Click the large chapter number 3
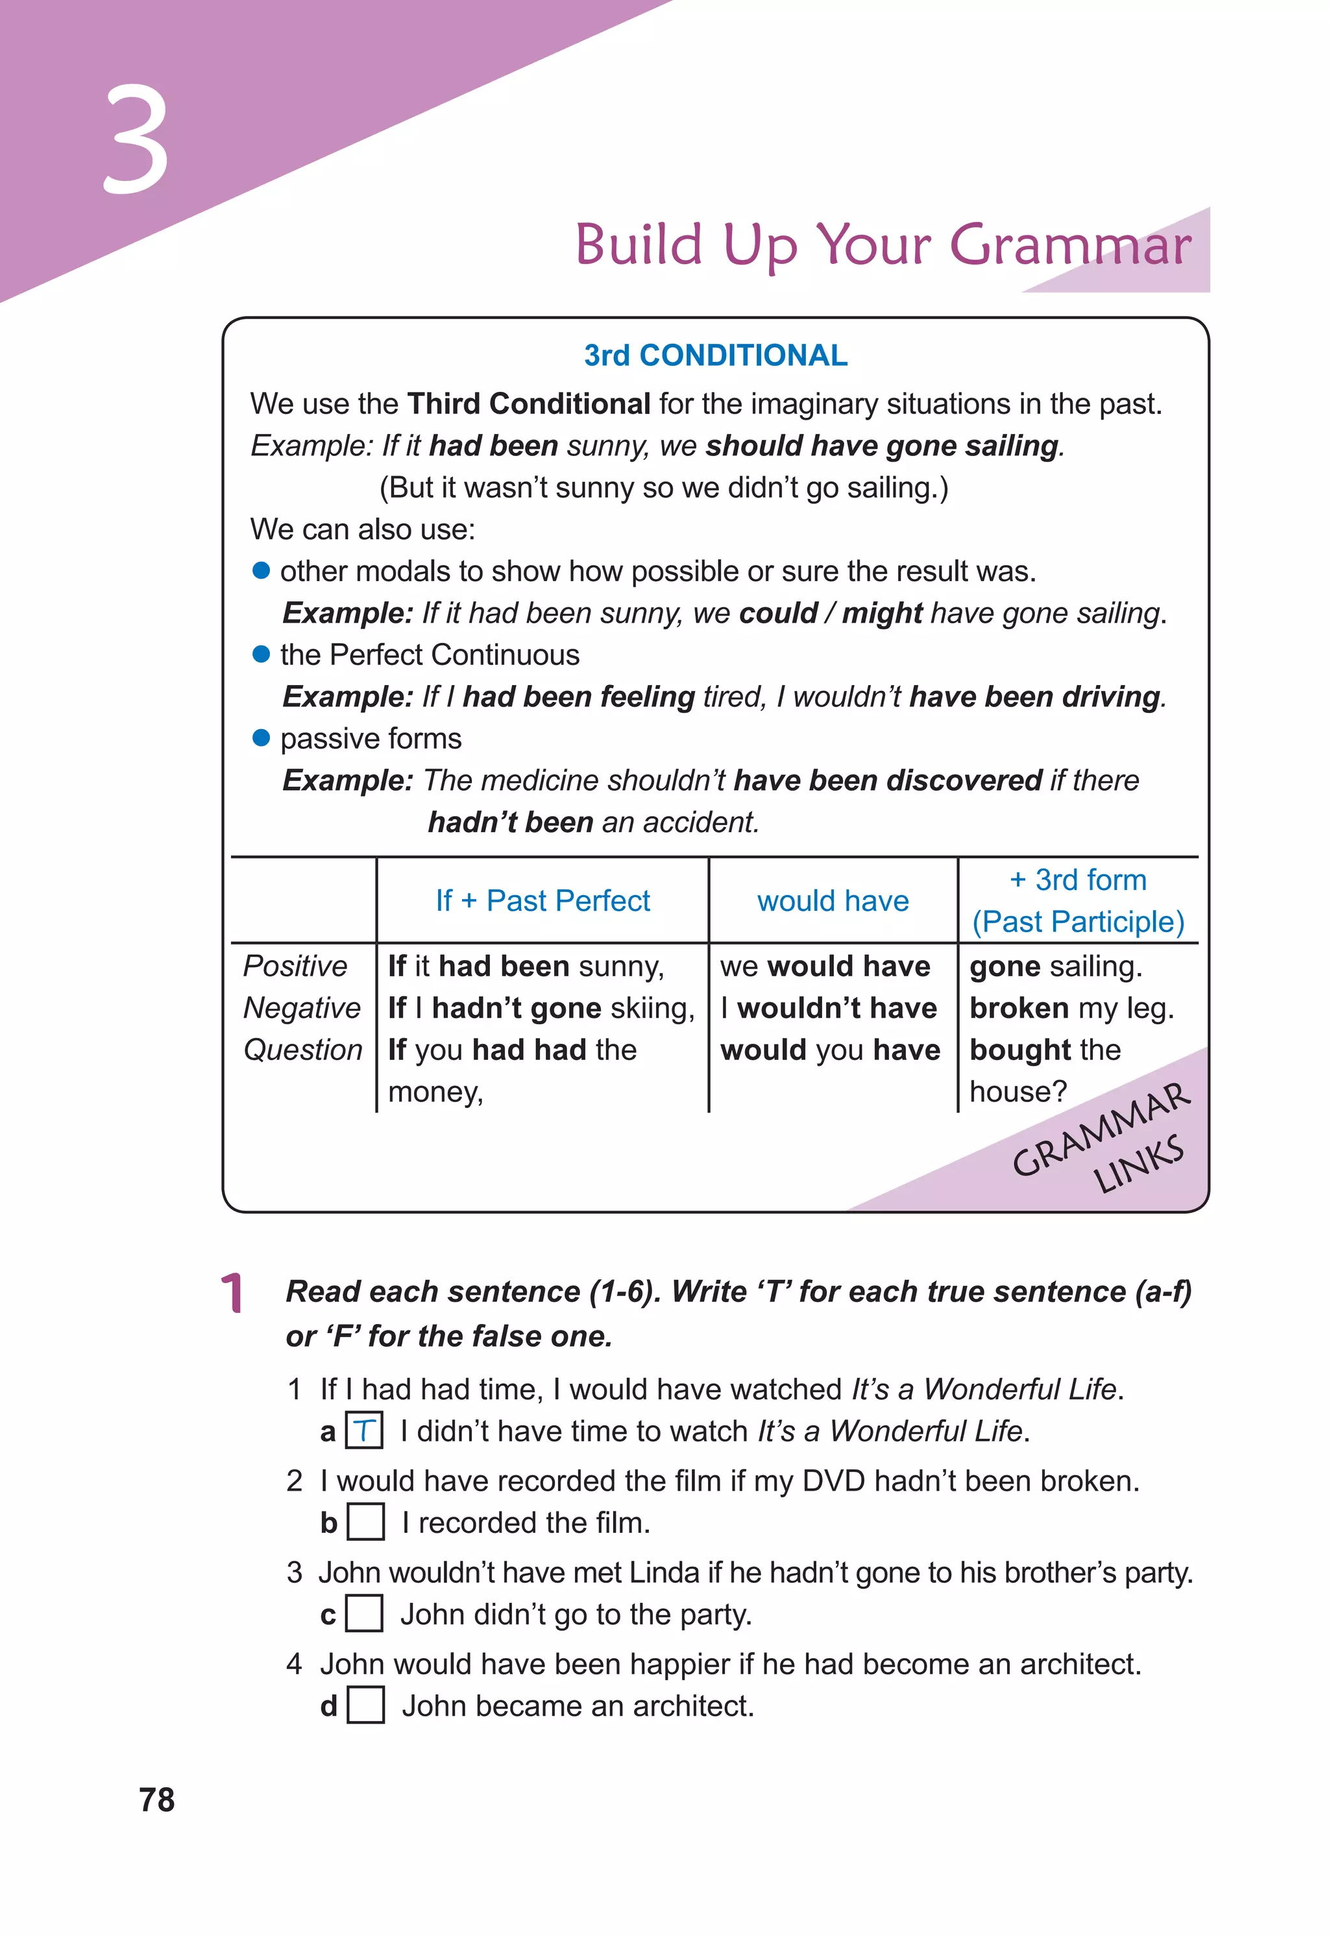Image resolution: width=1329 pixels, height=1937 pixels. click(136, 140)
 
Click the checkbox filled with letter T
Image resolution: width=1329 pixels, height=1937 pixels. click(364, 1431)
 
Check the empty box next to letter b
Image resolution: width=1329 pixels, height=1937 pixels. click(365, 1522)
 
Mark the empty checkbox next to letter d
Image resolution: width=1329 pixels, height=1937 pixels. click(365, 1706)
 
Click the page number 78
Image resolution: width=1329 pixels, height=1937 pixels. click(157, 1799)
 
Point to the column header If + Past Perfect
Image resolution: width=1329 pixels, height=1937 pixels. click(543, 901)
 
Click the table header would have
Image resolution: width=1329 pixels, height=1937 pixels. click(833, 901)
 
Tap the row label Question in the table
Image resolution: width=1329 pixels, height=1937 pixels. click(302, 1050)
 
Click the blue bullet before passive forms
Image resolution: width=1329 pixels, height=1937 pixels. click(261, 738)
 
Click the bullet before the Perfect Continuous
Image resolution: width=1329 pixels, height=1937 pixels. click(261, 655)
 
